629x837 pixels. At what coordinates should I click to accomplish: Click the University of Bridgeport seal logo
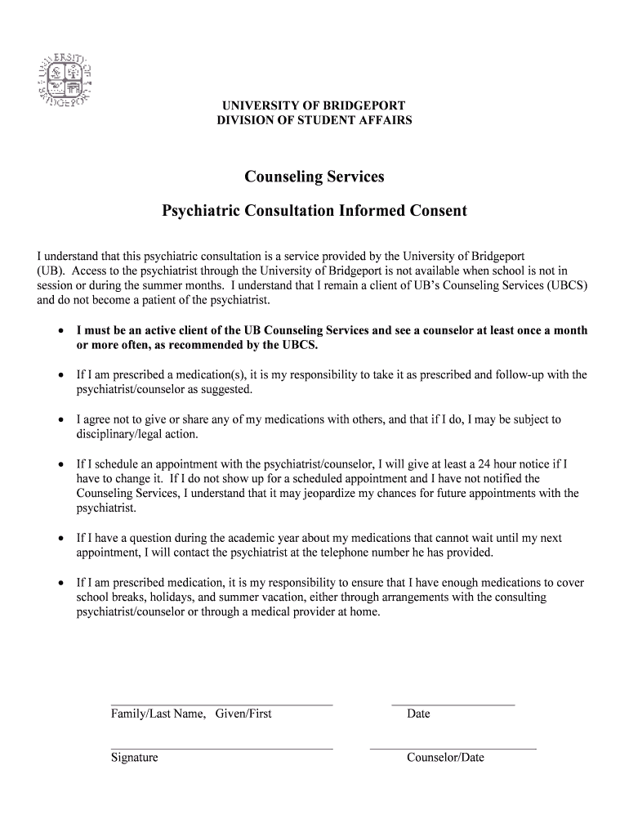pos(63,80)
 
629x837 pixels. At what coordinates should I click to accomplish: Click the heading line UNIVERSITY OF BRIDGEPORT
pos(314,106)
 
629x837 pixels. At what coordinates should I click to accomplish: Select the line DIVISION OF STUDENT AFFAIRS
pos(314,121)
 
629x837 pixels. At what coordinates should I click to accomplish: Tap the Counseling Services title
pos(314,177)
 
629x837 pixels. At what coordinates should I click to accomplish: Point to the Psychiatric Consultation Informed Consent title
pos(314,211)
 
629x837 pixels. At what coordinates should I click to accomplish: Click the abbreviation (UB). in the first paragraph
pos(52,271)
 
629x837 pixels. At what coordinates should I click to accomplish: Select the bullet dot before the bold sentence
pos(60,332)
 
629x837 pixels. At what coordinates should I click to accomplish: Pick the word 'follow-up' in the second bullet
pos(499,375)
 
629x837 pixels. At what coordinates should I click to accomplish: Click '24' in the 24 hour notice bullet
pos(479,463)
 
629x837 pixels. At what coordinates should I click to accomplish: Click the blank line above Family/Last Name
pos(221,704)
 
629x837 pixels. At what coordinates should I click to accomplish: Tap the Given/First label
pos(243,714)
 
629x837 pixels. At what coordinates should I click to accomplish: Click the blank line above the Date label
pos(453,704)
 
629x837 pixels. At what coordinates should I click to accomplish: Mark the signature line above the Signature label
pos(221,748)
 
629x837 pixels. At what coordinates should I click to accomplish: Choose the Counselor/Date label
pos(445,758)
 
